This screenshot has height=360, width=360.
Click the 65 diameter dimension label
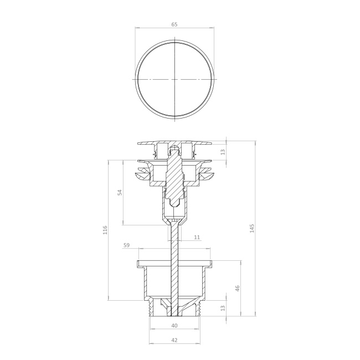point(174,24)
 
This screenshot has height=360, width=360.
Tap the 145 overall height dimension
point(252,228)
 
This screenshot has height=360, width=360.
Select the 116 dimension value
point(105,230)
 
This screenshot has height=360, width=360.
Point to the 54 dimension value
point(120,192)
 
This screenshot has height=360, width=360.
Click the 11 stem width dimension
point(197,237)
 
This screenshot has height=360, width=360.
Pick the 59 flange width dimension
point(127,245)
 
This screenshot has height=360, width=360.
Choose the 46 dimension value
point(238,289)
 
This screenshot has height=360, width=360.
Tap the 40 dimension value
point(174,326)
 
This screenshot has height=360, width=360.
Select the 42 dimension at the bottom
point(174,340)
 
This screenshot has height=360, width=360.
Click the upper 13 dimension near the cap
point(223,152)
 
